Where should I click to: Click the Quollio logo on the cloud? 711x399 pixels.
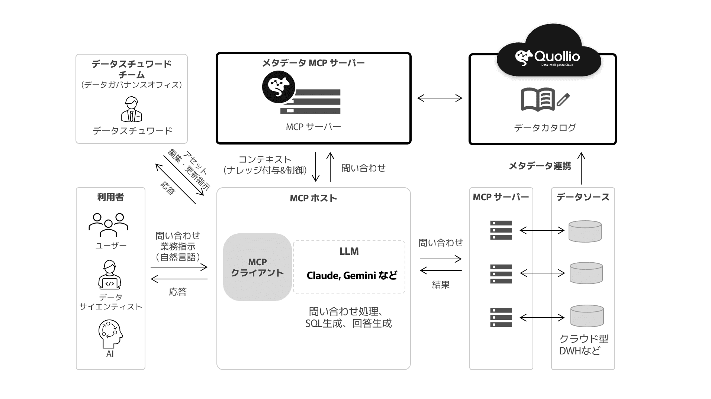click(547, 58)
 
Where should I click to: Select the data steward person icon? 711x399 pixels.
click(132, 109)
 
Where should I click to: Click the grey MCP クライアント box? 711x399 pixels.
click(257, 267)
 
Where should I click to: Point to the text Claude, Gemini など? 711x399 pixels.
click(351, 276)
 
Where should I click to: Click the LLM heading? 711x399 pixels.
click(349, 252)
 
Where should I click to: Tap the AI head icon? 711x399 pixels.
click(110, 334)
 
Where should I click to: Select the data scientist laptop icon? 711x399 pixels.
click(110, 275)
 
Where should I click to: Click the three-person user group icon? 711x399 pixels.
click(108, 224)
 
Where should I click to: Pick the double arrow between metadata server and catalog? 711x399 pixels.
click(440, 98)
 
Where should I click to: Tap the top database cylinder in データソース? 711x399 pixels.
click(585, 231)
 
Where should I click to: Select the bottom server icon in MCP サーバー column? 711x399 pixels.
click(501, 317)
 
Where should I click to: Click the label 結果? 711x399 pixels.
click(441, 285)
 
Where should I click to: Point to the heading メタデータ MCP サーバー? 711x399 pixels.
click(313, 63)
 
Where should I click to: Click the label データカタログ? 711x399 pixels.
click(545, 128)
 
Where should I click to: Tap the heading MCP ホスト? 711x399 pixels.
click(313, 198)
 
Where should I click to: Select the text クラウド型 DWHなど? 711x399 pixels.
click(583, 344)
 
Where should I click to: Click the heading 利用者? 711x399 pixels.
click(110, 197)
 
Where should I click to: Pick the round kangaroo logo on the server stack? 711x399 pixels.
click(279, 87)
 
